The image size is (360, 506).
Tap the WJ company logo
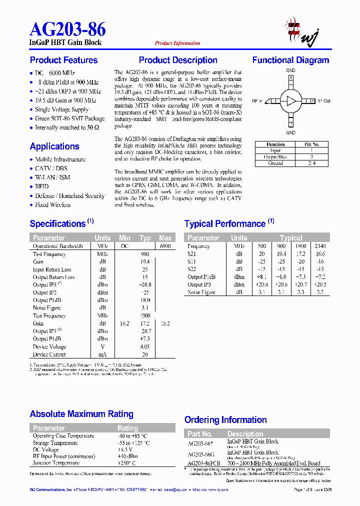pyautogui.click(x=302, y=31)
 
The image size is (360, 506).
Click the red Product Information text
pyautogui.click(x=177, y=43)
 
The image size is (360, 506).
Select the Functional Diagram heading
pyautogui.click(x=290, y=60)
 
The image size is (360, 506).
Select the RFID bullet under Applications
pyautogui.click(x=42, y=186)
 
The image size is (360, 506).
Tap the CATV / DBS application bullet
pyautogui.click(x=51, y=168)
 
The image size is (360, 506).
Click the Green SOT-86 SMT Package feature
pyautogui.click(x=69, y=118)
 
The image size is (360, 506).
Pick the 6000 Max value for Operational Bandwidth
pyautogui.click(x=165, y=246)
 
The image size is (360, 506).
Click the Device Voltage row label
pyautogui.click(x=49, y=346)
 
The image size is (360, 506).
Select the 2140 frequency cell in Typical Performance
pyautogui.click(x=320, y=246)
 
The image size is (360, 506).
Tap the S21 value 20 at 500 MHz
pyautogui.click(x=262, y=254)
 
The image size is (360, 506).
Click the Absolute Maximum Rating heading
pyautogui.click(x=81, y=414)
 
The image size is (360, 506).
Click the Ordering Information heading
pyautogui.click(x=225, y=420)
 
